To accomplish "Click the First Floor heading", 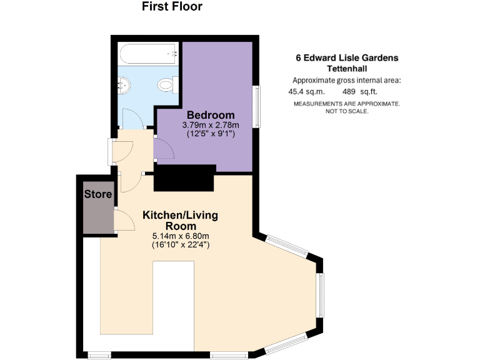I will click(x=172, y=7).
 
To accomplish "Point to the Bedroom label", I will click(x=211, y=115).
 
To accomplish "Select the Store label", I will click(x=98, y=194).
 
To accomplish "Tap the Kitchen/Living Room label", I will click(x=180, y=220).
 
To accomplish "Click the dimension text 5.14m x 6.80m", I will click(x=180, y=236).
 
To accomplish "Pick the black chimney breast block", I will click(x=185, y=178).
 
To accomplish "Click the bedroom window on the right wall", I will click(x=256, y=106).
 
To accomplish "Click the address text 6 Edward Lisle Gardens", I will click(x=346, y=58).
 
